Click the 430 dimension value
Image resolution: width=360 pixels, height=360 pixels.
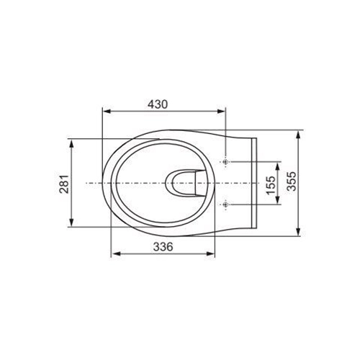[158, 104]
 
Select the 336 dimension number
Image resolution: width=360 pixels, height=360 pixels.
[163, 247]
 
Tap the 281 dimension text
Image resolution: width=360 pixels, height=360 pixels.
[64, 184]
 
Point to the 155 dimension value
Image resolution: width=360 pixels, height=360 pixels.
[271, 185]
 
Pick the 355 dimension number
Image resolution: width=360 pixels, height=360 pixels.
[292, 181]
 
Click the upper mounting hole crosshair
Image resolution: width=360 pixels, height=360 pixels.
[225, 162]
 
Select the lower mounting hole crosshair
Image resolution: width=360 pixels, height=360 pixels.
[225, 204]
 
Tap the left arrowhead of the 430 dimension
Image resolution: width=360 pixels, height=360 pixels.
[107, 111]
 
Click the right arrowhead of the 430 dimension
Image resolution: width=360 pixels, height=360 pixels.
[221, 111]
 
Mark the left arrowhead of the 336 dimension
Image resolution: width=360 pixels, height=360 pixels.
[116, 253]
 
